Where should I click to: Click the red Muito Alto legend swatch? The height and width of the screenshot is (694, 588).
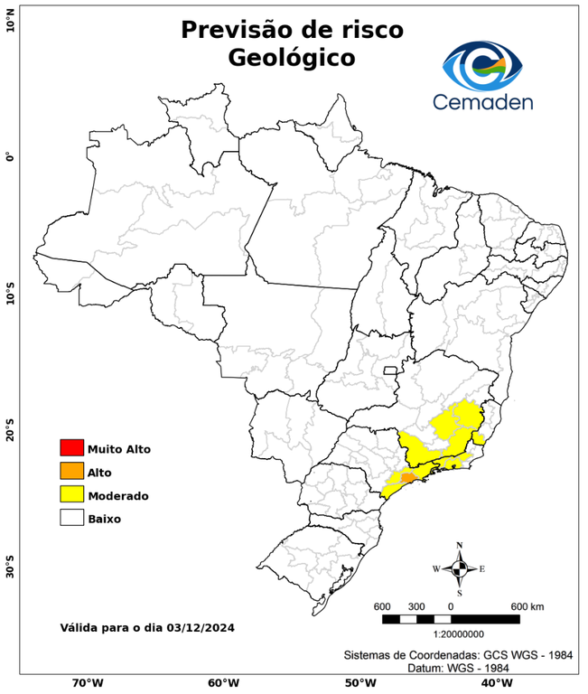pyautogui.click(x=71, y=448)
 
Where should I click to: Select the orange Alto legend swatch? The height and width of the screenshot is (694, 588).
pyautogui.click(x=71, y=471)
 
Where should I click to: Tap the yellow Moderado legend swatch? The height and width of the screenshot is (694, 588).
pyautogui.click(x=71, y=494)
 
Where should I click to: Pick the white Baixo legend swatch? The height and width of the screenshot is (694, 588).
pyautogui.click(x=71, y=518)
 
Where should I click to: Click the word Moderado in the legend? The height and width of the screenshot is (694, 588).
pyautogui.click(x=118, y=495)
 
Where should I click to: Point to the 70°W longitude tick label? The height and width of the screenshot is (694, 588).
pyautogui.click(x=87, y=683)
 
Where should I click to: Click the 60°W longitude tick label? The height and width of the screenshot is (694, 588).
pyautogui.click(x=223, y=683)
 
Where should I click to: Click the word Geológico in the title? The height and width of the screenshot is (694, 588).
pyautogui.click(x=292, y=57)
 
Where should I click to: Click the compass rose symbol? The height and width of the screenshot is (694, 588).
pyautogui.click(x=459, y=568)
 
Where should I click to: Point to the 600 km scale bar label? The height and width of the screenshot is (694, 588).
pyautogui.click(x=527, y=605)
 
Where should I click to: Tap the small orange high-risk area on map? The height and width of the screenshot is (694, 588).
pyautogui.click(x=407, y=476)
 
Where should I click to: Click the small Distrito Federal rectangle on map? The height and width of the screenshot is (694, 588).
pyautogui.click(x=390, y=370)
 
